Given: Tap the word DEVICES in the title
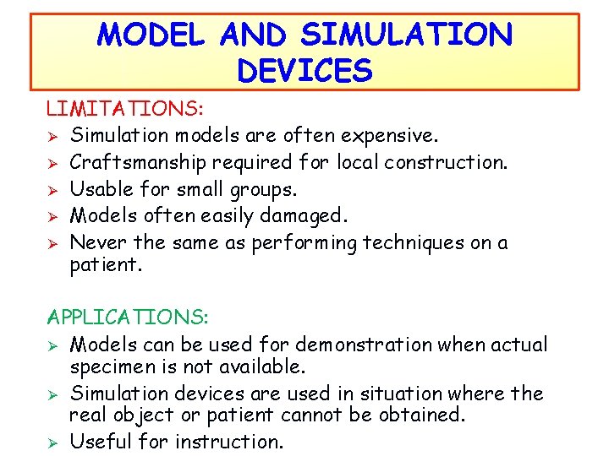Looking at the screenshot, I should (304, 71).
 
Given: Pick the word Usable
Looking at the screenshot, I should (98, 189).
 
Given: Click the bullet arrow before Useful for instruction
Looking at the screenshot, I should (52, 442).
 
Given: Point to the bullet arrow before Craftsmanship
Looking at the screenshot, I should (52, 162).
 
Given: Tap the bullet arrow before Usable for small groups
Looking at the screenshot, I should (52, 189).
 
